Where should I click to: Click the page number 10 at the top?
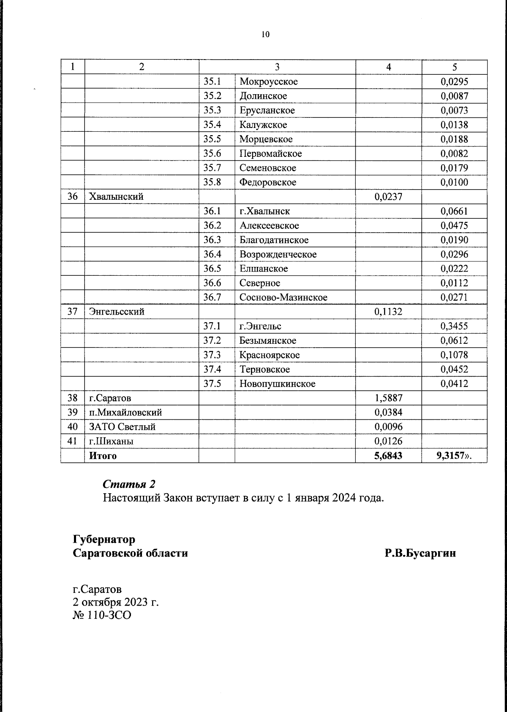[265, 35]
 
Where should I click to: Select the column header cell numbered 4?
[388, 67]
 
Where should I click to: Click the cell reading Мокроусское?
[268, 82]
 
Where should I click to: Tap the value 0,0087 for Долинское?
[454, 96]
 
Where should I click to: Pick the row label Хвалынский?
[116, 196]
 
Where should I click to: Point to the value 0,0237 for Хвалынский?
[388, 196]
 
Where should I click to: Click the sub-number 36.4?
[212, 254]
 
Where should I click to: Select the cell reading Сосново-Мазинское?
[283, 297]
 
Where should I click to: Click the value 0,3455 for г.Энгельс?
[454, 326]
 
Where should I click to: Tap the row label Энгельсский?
[117, 312]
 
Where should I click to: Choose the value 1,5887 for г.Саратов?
[388, 398]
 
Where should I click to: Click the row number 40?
[73, 427]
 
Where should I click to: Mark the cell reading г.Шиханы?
[111, 441]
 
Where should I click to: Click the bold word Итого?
[103, 456]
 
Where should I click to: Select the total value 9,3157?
[451, 456]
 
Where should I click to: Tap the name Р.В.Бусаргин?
[420, 553]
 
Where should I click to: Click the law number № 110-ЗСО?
[102, 615]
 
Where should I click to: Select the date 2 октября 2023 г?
[115, 602]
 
